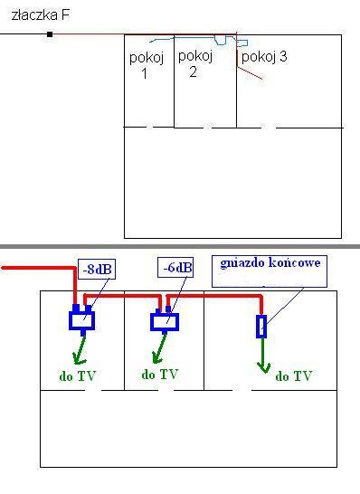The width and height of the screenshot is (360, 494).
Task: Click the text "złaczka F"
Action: click(x=41, y=15)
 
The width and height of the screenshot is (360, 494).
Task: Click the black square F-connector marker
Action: click(x=50, y=34)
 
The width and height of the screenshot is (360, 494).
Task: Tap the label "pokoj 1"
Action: click(x=147, y=65)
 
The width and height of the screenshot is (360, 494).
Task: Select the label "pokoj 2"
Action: click(x=195, y=63)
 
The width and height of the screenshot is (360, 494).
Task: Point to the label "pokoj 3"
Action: click(x=264, y=57)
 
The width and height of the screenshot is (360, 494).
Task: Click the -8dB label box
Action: click(x=97, y=269)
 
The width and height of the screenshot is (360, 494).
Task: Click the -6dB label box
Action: click(x=175, y=268)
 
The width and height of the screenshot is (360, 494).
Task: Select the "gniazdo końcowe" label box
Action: click(x=270, y=271)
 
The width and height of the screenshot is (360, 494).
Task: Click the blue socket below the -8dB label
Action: click(x=82, y=319)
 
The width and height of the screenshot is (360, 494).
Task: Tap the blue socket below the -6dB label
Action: click(x=165, y=320)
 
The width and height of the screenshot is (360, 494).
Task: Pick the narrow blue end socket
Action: click(x=261, y=326)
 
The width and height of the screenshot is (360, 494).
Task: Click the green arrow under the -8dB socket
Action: click(x=80, y=350)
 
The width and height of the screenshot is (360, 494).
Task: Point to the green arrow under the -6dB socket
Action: click(x=159, y=348)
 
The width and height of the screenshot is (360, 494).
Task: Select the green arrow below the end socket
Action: click(x=263, y=355)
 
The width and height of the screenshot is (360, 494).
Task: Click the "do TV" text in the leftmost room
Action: click(x=77, y=376)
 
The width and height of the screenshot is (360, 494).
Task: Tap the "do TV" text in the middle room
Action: click(x=160, y=375)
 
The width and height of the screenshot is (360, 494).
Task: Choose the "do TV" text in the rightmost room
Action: click(x=294, y=375)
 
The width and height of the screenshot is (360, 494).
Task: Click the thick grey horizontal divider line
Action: click(x=180, y=246)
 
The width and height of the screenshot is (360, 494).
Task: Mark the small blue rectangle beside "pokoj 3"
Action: click(x=242, y=43)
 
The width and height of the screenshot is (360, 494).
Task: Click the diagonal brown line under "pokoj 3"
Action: click(x=250, y=73)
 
